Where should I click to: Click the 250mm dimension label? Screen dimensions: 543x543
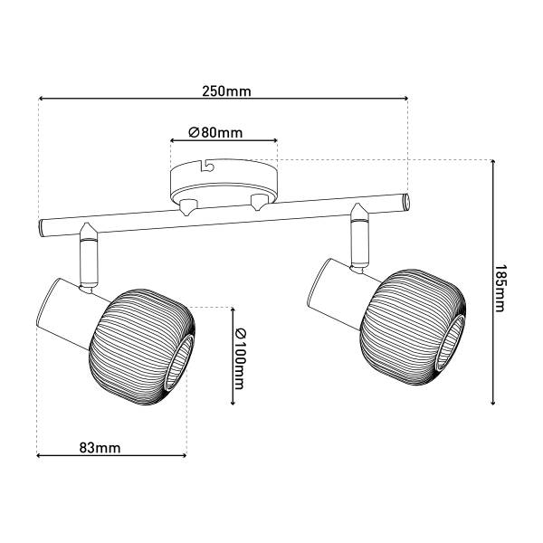[x=226, y=91]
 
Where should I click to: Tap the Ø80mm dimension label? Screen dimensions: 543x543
[x=215, y=132]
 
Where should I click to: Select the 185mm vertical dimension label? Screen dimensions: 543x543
[x=500, y=289]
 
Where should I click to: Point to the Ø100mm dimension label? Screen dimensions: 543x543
[x=239, y=359]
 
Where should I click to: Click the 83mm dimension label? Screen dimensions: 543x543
[x=100, y=448]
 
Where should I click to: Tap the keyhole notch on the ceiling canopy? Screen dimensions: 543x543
[x=207, y=166]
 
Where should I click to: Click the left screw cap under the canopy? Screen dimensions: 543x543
[x=188, y=207]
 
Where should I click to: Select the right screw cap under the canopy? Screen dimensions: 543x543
[x=258, y=202]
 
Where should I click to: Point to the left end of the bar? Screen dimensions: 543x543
[x=43, y=228]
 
